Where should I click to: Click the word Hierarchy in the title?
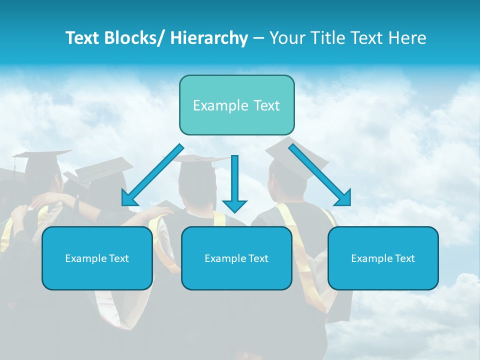[x=209, y=38]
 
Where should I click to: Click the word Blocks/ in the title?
[x=132, y=38]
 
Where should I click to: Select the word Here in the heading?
[x=407, y=38]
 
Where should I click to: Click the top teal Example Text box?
[x=236, y=105]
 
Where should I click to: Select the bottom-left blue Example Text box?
[x=97, y=258]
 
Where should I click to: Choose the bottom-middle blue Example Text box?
[x=236, y=258]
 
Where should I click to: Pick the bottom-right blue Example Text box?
[x=383, y=258]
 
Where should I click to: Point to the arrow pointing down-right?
[x=320, y=174]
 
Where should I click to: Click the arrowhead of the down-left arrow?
[x=129, y=198]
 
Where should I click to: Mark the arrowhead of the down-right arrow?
[x=344, y=198]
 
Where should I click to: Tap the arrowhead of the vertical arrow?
[x=234, y=205]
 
